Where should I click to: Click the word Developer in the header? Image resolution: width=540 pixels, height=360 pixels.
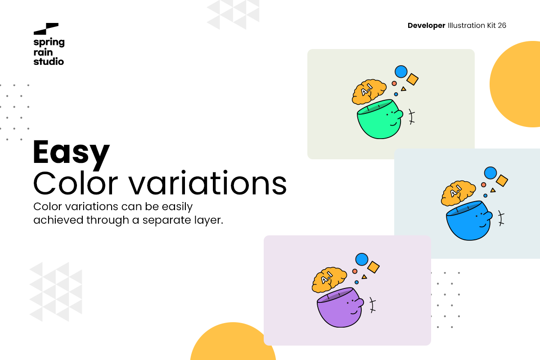point(426,26)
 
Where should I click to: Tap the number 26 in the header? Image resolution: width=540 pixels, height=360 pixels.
point(502,25)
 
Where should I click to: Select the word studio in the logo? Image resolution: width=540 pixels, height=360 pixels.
point(49,61)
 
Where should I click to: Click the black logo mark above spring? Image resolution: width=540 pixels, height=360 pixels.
point(46,29)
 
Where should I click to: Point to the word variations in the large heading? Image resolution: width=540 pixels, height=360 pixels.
point(207,183)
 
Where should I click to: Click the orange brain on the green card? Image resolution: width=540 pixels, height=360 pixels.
point(369,92)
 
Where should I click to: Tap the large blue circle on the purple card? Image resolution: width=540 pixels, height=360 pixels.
point(362,260)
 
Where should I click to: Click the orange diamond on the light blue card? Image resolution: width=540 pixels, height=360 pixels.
point(502,180)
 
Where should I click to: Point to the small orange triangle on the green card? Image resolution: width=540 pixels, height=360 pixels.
point(404,89)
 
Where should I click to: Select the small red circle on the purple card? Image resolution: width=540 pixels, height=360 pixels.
point(355,271)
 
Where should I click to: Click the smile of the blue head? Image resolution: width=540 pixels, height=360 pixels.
point(482,226)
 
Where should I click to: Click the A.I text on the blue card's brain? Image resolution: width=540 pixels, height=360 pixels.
point(455,191)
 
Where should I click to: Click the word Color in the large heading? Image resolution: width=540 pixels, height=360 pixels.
point(76,183)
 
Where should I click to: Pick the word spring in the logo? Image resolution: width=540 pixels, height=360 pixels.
point(49,42)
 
